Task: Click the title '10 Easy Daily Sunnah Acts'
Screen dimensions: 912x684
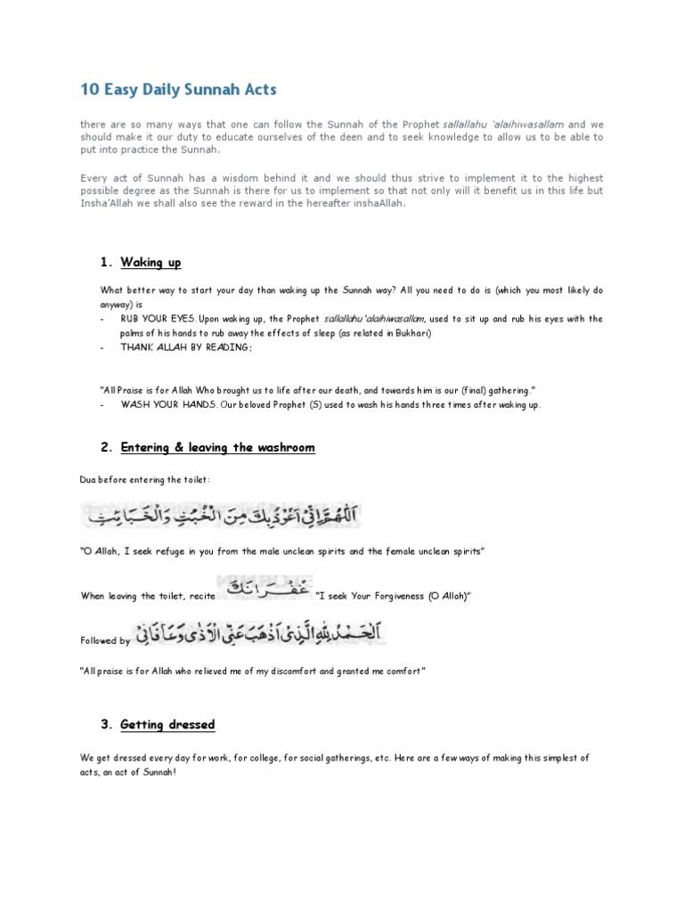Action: pyautogui.click(x=178, y=89)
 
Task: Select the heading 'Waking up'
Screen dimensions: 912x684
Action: pyautogui.click(x=151, y=262)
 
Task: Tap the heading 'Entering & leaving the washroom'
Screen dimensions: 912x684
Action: pyautogui.click(x=217, y=447)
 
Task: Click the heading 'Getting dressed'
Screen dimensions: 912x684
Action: pyautogui.click(x=167, y=724)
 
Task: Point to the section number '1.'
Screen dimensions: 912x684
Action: pyautogui.click(x=107, y=262)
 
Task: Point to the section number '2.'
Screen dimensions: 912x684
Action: pyautogui.click(x=107, y=447)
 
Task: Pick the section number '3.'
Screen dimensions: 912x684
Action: pyautogui.click(x=107, y=724)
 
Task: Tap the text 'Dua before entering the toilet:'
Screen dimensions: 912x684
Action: pyautogui.click(x=145, y=480)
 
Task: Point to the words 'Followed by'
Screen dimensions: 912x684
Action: pyautogui.click(x=105, y=640)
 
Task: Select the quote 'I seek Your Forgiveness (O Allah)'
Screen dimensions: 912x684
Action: pyautogui.click(x=392, y=595)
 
